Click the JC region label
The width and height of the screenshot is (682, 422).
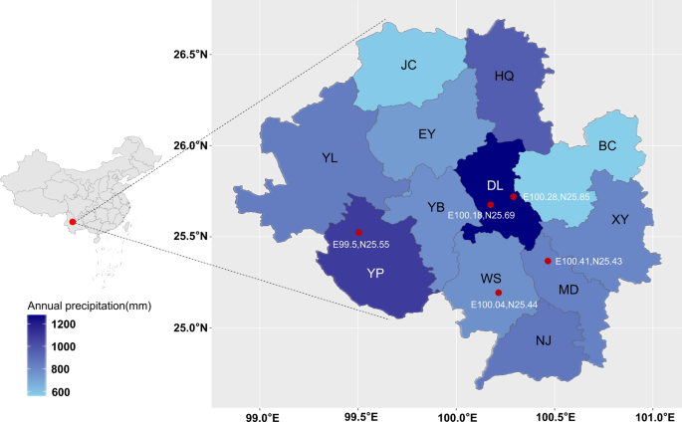408,67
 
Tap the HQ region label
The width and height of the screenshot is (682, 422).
505,76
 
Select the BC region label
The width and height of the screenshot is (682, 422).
607,146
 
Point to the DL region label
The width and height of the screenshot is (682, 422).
495,186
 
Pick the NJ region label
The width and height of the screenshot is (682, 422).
544,340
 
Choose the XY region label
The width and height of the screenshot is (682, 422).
620,219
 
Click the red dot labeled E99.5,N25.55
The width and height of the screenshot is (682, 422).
359,232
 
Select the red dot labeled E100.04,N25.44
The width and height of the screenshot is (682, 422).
498,293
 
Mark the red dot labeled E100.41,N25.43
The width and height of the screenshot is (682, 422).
548,261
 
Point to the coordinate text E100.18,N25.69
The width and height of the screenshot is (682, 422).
483,215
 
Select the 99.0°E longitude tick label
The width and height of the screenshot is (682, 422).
261,408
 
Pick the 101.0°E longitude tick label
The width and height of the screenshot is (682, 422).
652,408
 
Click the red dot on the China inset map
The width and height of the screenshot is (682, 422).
73,221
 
